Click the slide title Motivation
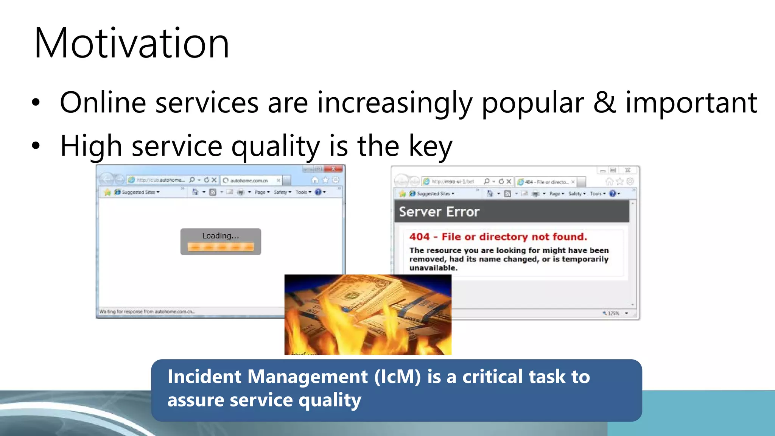coord(132,44)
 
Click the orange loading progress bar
coord(221,247)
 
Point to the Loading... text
coord(221,236)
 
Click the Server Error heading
coord(439,212)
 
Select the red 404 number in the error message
coord(419,237)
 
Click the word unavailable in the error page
coord(433,268)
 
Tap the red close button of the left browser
coord(333,169)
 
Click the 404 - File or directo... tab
coord(546,182)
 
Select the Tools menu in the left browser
coord(303,192)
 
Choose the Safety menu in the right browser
coord(576,194)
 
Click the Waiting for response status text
coord(147,311)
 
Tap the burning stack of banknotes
coord(367,314)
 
